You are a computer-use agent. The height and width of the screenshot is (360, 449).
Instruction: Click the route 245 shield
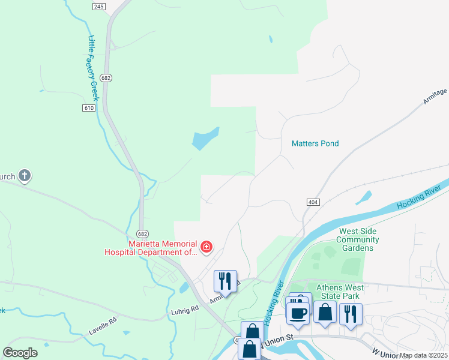click(100, 6)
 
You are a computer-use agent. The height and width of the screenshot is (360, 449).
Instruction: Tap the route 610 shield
click(89, 107)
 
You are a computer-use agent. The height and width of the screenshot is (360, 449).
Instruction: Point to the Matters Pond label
click(315, 143)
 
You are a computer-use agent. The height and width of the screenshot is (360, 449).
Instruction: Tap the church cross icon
click(25, 176)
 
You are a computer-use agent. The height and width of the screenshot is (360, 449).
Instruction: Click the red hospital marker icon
click(206, 247)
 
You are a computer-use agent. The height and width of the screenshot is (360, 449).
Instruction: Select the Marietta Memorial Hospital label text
click(163, 248)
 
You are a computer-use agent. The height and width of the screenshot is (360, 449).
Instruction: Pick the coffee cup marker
click(298, 313)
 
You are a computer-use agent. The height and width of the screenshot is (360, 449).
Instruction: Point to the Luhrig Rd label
click(184, 310)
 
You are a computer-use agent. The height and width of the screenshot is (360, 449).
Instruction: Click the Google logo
click(20, 353)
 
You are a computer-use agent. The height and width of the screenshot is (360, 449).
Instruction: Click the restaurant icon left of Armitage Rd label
click(225, 280)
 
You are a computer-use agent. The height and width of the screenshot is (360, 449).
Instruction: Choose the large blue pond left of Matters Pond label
click(205, 139)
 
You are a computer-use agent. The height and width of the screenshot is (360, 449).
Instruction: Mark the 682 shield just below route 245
click(106, 79)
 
